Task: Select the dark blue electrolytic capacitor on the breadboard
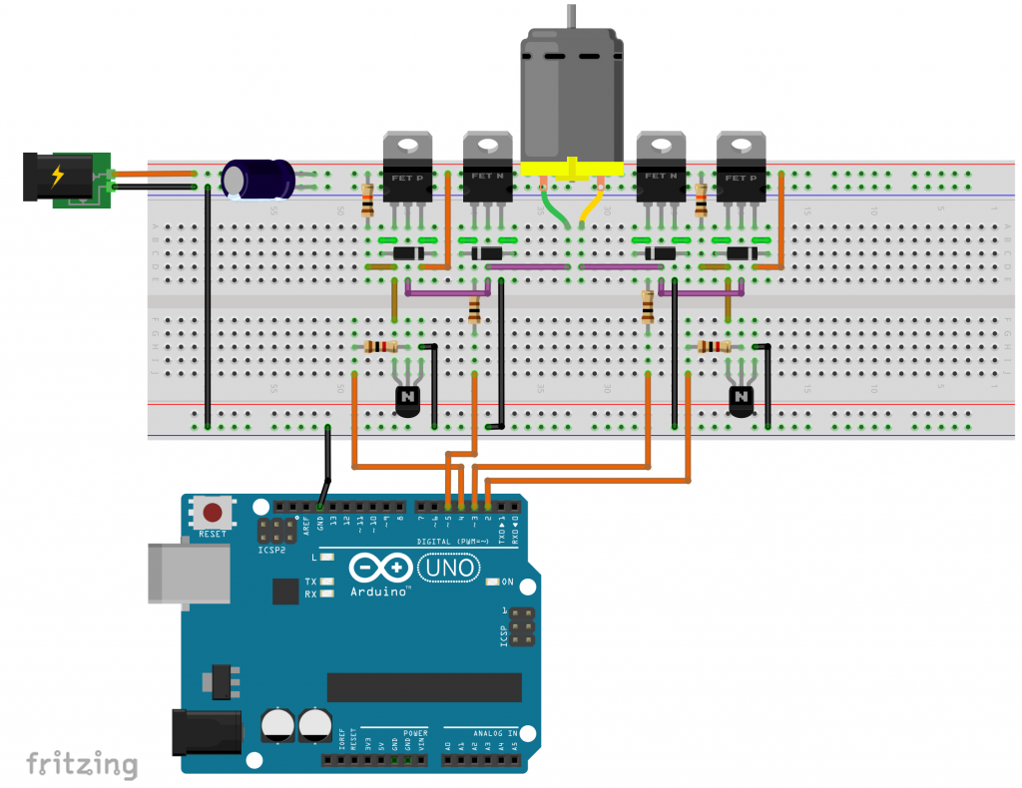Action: [x=257, y=180]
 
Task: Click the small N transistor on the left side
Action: [x=408, y=400]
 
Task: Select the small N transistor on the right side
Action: [x=740, y=400]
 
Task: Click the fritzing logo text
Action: [x=82, y=765]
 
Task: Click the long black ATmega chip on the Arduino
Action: [x=424, y=686]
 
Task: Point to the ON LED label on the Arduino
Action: [x=507, y=582]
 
